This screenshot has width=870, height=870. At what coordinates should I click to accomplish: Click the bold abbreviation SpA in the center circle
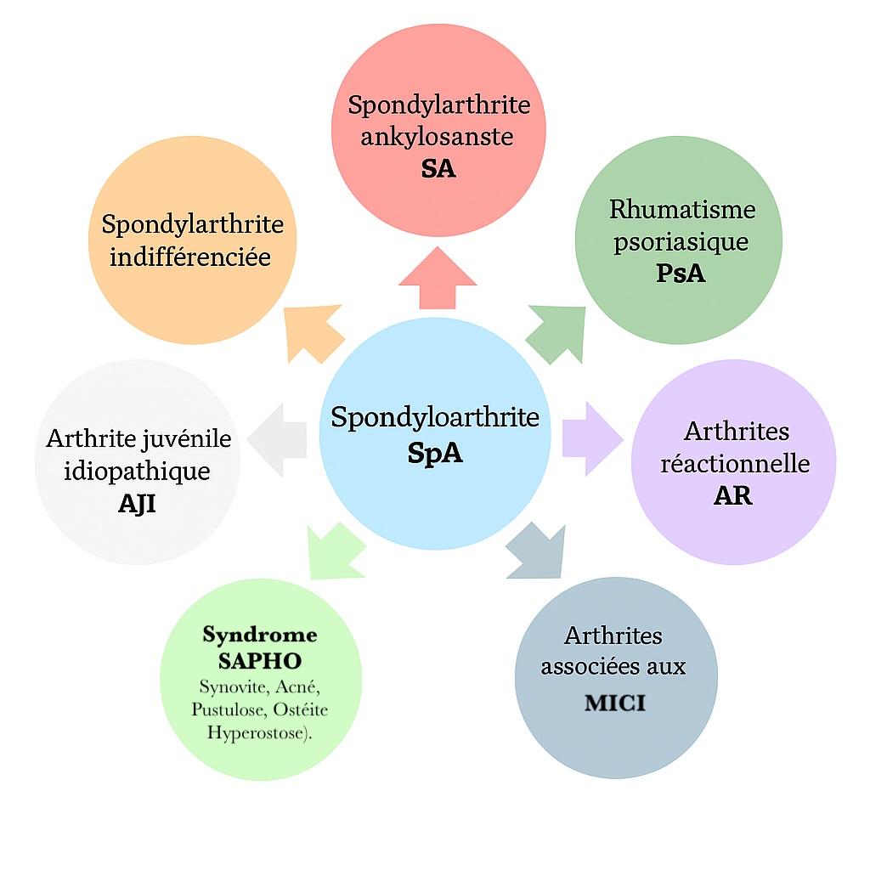click(435, 453)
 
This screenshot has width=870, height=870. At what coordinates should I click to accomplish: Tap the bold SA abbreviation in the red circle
click(438, 169)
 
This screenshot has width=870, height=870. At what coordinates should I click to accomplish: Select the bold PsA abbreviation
click(681, 274)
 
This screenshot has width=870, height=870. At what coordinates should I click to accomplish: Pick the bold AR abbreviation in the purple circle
click(732, 495)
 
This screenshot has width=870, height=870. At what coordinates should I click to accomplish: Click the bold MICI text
click(615, 703)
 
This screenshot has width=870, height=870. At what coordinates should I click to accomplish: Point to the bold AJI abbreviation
click(137, 504)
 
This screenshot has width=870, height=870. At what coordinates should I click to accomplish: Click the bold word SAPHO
click(260, 661)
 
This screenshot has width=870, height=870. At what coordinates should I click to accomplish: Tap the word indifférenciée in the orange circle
click(190, 257)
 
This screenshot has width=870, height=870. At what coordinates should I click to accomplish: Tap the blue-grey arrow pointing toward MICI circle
click(536, 551)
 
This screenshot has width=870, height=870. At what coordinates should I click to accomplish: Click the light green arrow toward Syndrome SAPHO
click(335, 551)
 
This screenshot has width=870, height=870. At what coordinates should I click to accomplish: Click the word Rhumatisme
click(682, 209)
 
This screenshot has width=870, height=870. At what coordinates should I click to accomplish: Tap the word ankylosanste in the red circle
click(437, 137)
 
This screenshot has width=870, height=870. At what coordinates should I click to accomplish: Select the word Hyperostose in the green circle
click(258, 733)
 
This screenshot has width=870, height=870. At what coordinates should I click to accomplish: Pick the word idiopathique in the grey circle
click(137, 472)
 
